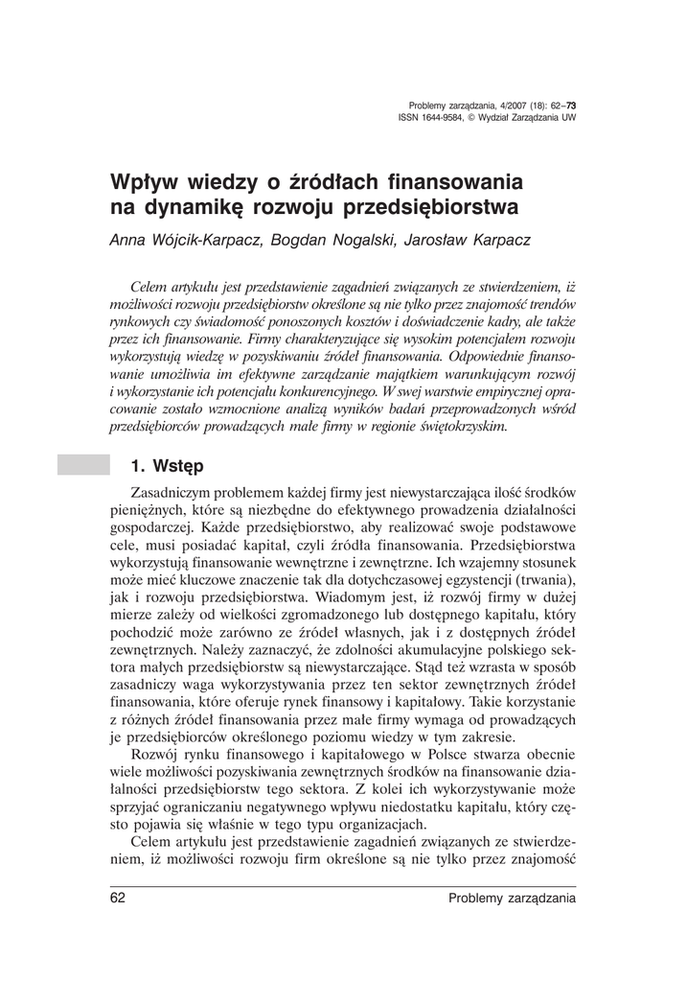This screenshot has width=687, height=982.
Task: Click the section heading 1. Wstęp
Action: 167,467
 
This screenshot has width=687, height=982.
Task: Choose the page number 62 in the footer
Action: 119,898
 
